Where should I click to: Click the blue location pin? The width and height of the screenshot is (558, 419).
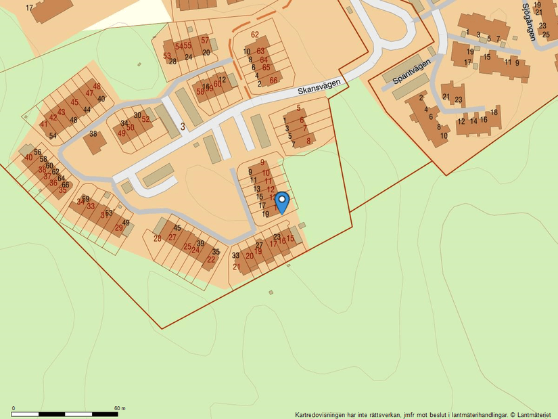coord(282,202)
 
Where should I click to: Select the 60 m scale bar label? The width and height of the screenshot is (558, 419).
coord(120,408)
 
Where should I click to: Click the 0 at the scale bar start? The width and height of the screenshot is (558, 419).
coord(14,408)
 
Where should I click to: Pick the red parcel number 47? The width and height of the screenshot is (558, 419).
coord(89,93)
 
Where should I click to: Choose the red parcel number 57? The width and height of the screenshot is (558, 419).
coord(205,41)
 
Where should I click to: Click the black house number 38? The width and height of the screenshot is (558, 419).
coord(93,133)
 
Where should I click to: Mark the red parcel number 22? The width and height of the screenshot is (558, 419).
coord(211,259)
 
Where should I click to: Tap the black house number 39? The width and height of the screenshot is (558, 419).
coord(200,243)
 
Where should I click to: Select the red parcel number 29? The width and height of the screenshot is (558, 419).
coord(118,228)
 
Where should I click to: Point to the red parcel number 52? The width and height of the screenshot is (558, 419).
coord(145,119)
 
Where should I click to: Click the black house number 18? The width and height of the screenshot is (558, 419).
coord(494,112)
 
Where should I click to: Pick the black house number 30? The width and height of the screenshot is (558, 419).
coord(137,115)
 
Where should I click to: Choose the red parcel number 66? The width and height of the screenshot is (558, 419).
coord(273,80)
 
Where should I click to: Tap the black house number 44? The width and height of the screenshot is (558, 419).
coord(87,110)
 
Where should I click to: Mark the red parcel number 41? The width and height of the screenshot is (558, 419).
coord(44,125)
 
